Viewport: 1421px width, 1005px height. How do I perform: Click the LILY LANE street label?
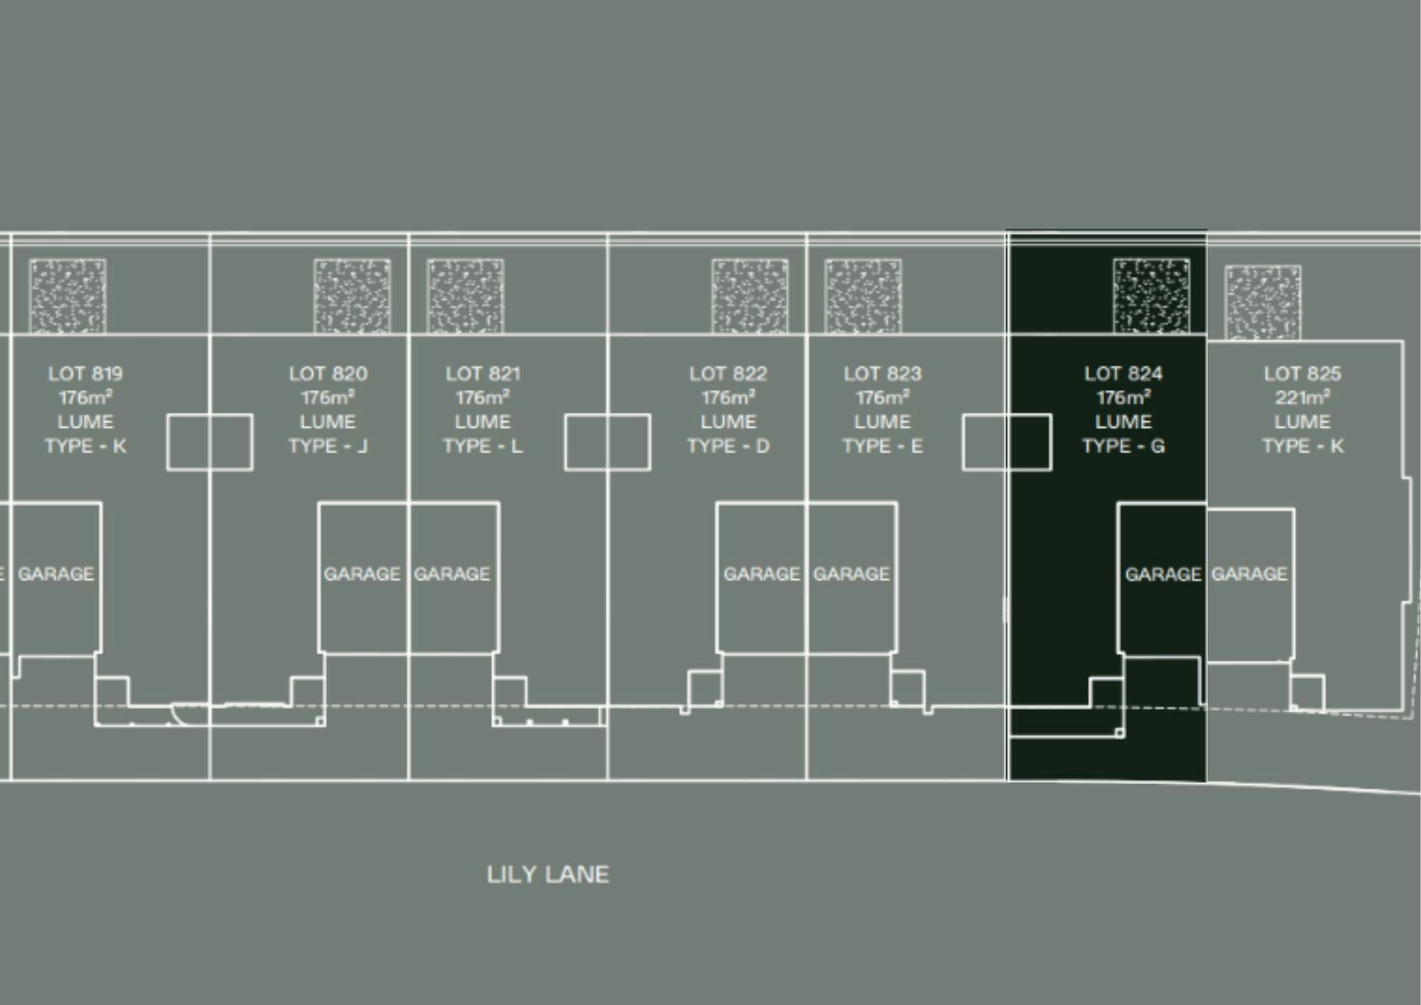click(548, 874)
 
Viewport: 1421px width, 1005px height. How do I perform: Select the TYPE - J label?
click(328, 446)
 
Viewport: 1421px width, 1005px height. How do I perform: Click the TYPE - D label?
click(728, 446)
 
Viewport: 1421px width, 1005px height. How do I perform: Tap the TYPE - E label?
click(882, 446)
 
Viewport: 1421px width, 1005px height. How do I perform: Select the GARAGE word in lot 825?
click(1249, 574)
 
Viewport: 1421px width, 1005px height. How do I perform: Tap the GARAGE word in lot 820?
click(362, 574)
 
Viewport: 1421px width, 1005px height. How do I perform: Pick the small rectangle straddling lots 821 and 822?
click(607, 414)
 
